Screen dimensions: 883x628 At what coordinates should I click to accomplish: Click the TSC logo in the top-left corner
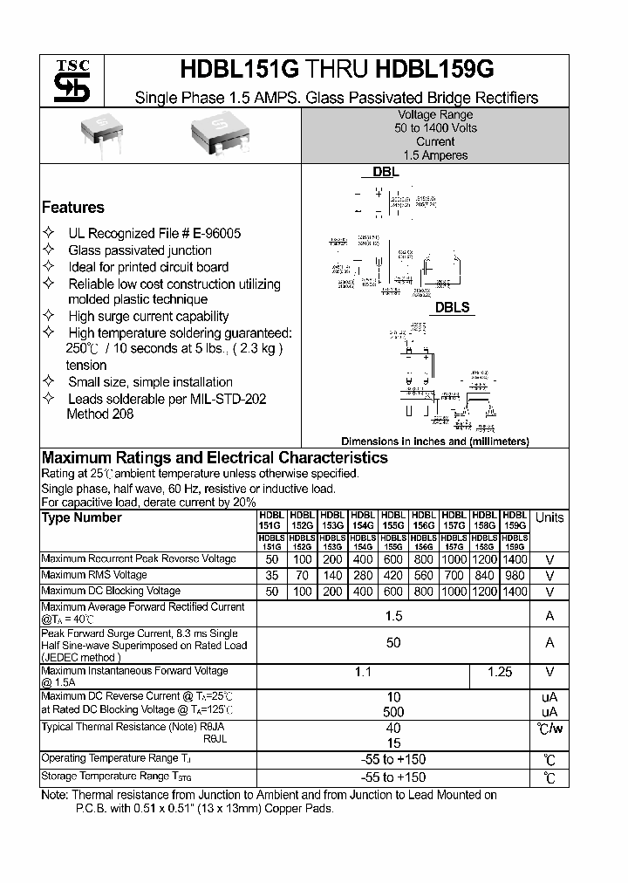(x=66, y=80)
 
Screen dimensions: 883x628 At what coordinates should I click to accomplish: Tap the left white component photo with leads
(x=101, y=133)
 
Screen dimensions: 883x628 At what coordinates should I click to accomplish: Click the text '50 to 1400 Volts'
(x=435, y=128)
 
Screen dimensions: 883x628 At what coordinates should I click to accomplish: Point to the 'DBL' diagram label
(x=386, y=173)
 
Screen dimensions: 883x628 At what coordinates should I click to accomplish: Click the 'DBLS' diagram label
(x=452, y=307)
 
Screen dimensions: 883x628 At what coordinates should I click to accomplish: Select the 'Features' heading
(x=73, y=208)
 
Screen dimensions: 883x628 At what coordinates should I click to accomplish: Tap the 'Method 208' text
(x=100, y=414)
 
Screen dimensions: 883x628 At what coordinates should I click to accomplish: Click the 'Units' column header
(x=549, y=518)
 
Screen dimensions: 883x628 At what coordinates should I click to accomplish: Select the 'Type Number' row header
(x=82, y=518)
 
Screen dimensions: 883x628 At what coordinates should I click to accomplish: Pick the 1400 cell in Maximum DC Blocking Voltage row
(x=515, y=592)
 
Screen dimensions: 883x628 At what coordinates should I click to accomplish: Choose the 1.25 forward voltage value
(x=499, y=673)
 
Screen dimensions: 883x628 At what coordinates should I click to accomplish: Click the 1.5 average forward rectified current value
(x=393, y=616)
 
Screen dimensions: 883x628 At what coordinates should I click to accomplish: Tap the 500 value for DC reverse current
(x=393, y=712)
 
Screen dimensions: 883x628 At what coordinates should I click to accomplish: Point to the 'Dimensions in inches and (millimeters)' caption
(x=434, y=441)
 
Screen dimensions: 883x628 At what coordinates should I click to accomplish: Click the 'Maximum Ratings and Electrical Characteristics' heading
(x=215, y=458)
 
